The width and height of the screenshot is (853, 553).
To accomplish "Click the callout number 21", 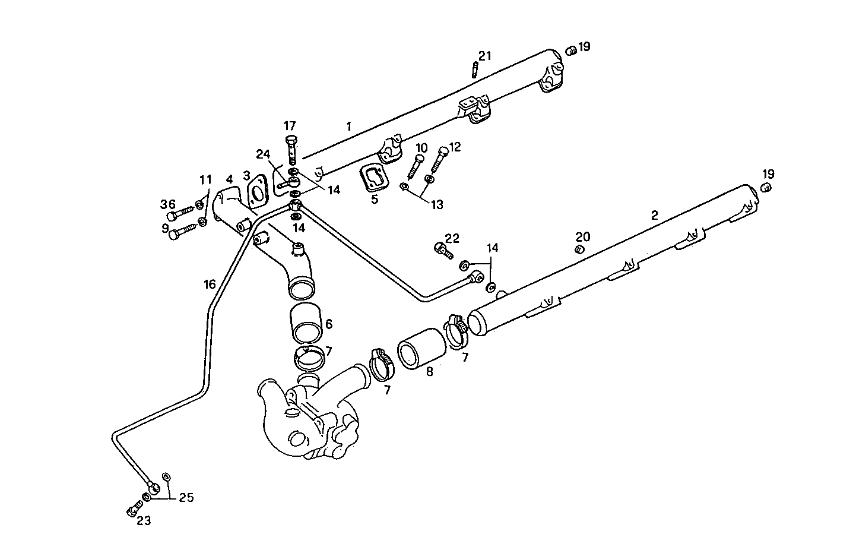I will pos(485,56).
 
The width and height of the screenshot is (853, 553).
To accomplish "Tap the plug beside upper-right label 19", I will pos(571,51).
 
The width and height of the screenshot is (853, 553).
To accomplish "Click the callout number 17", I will pos(289,126).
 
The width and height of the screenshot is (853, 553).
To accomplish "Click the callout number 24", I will pos(262,154).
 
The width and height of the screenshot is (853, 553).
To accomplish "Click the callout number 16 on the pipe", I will pos(210,285).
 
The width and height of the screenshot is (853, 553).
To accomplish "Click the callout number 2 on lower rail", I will pos(655,216).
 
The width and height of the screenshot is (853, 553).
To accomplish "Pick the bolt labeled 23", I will pos(133,508).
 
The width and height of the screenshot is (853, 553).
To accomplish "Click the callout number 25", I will pos(186,498).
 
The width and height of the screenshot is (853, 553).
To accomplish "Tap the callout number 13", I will pos(437,205).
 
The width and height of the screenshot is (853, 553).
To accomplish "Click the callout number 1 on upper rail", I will pos(349,126).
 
